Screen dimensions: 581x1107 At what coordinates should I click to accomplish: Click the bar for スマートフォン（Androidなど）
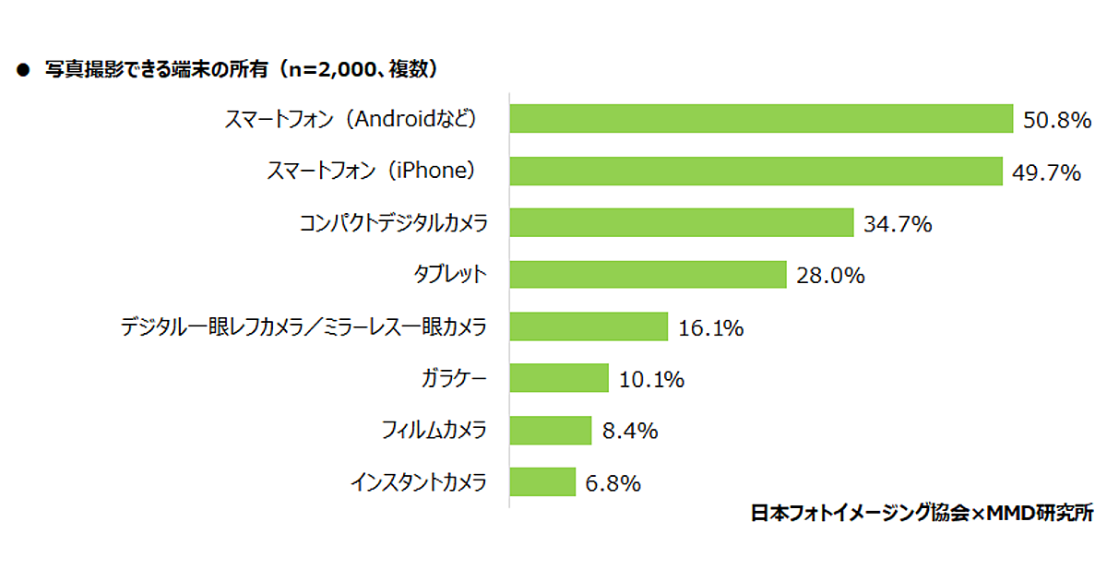[x=761, y=119]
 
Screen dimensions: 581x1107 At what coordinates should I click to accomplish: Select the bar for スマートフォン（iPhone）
[x=756, y=171]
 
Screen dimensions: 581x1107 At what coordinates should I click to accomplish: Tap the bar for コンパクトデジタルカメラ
[x=681, y=222]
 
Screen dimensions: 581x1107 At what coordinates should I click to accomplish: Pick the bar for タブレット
[x=648, y=274]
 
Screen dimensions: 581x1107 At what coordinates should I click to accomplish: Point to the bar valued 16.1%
[x=589, y=326]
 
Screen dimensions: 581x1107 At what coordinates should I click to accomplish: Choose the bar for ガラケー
[x=559, y=378]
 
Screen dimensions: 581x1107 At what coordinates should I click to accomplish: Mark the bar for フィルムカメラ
[x=551, y=430]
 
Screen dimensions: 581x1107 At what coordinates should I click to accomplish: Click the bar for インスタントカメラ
[x=542, y=481]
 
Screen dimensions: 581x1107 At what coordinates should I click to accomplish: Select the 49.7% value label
[x=1046, y=172]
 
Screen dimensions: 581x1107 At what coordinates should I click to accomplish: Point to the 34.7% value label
[x=898, y=223]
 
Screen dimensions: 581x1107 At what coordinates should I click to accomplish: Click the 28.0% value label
[x=830, y=275]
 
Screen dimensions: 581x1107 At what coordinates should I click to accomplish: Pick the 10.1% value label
[x=651, y=379]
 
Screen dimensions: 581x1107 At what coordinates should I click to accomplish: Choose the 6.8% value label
[x=612, y=482]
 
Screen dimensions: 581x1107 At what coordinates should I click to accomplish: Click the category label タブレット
[x=449, y=275]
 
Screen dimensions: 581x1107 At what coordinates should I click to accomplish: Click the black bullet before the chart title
[x=24, y=70]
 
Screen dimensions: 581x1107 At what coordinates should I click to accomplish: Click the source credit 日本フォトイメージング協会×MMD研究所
[x=922, y=514]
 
